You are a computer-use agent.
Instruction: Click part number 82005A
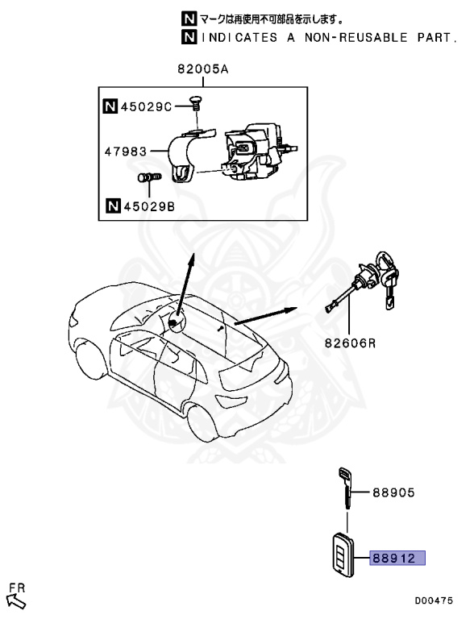click(203, 71)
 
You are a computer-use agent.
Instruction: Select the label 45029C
click(146, 106)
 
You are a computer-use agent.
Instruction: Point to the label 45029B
click(146, 208)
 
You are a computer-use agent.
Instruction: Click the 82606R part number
click(351, 343)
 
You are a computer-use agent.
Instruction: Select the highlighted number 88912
click(397, 557)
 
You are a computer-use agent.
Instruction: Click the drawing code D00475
click(434, 600)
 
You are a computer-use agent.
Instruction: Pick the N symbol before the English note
click(188, 38)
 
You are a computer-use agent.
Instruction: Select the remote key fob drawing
click(341, 557)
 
